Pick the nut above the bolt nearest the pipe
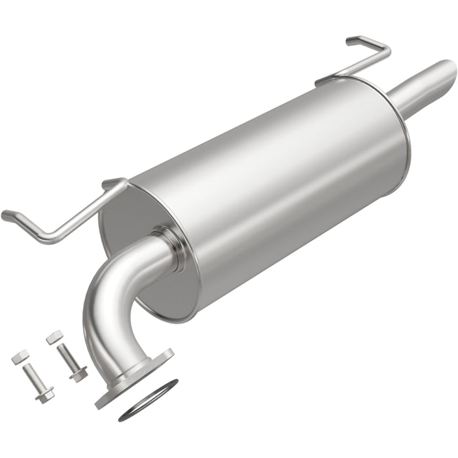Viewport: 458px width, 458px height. [x=54, y=338]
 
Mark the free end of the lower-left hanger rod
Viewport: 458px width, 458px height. [x=8, y=215]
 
